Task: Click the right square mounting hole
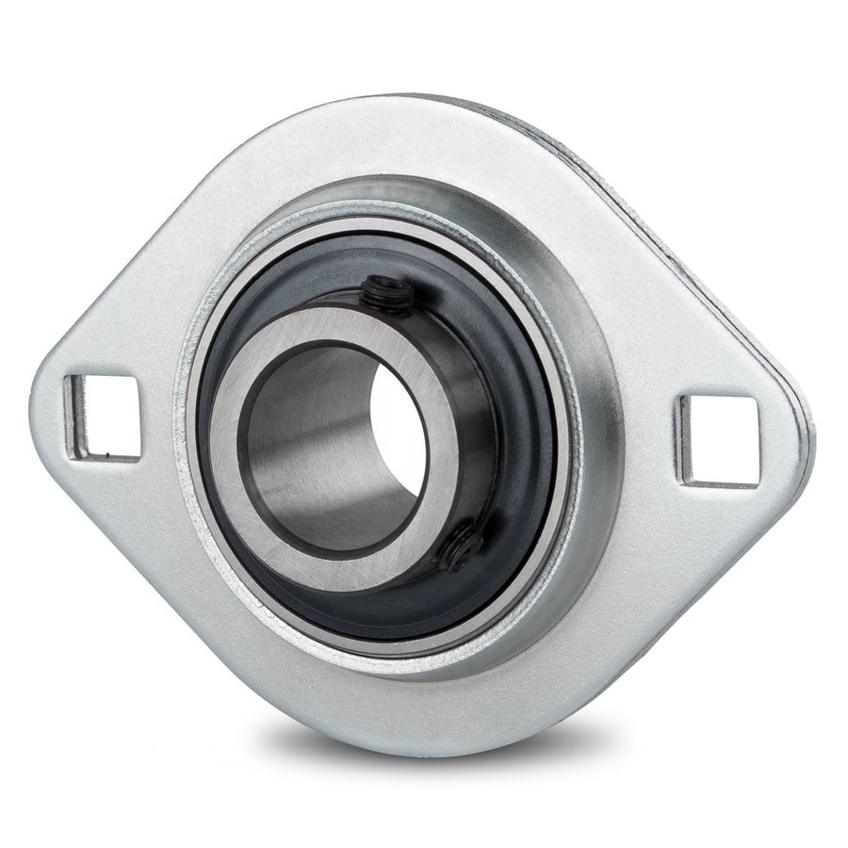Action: tap(719, 441)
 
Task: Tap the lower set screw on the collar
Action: tap(463, 547)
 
